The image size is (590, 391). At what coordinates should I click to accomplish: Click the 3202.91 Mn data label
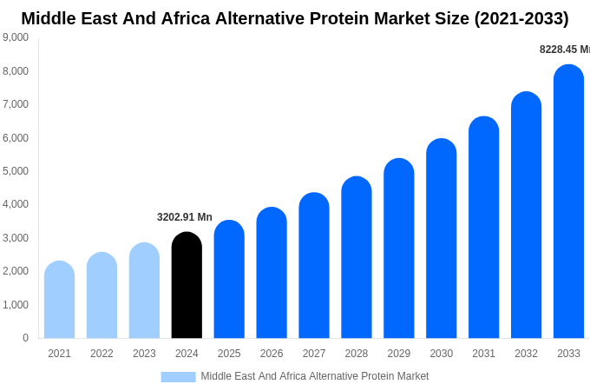click(184, 217)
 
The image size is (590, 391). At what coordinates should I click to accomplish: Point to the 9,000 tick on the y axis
click(16, 37)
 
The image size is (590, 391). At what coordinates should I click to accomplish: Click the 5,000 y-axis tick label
click(16, 171)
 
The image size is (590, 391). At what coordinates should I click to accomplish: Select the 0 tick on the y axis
click(25, 338)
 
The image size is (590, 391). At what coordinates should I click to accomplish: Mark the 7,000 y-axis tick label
click(16, 104)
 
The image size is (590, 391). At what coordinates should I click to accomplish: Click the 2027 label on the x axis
click(314, 354)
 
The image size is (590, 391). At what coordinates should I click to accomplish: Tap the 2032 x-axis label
click(526, 354)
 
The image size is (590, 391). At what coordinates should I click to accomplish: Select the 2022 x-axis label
click(102, 354)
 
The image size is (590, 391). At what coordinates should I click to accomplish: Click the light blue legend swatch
click(178, 376)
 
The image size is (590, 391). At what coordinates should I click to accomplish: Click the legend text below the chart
click(314, 376)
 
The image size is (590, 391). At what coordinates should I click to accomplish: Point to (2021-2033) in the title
click(521, 18)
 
